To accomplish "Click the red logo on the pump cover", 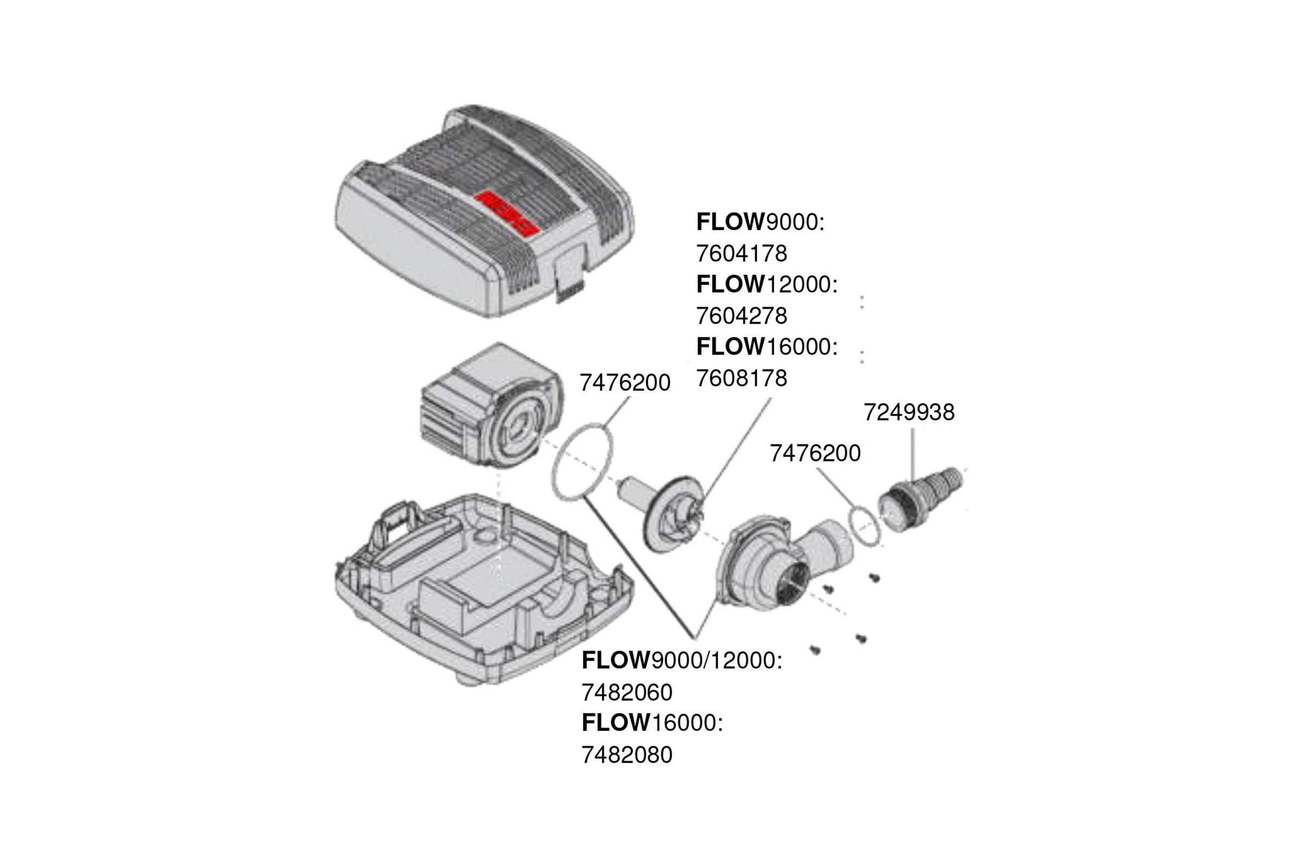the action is coord(508,213).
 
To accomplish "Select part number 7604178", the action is coord(741,253).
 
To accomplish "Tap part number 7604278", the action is coord(741,316).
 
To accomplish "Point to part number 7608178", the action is coord(741,378).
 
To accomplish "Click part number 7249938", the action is coord(909,412).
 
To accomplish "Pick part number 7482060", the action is coord(627,693).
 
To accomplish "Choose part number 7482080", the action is coord(627,755).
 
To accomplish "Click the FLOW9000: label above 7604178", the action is coord(760,222).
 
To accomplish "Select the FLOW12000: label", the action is coord(767,285).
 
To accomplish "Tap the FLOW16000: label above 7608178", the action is coord(767,347).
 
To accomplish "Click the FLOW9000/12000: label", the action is coord(682,660).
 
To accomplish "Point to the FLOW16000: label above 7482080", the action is coord(652,723).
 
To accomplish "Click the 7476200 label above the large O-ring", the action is coord(625,383).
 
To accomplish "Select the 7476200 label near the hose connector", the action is coord(815,454).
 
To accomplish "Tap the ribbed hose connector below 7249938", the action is coord(919,498).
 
